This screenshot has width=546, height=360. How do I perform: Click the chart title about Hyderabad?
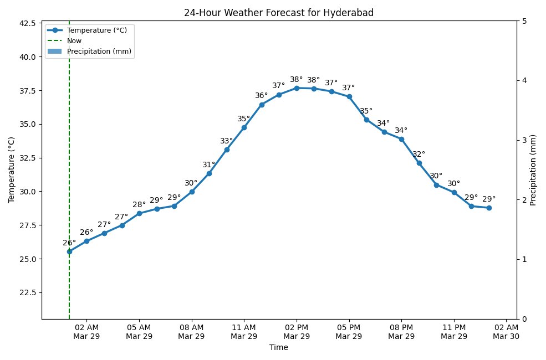pos(279,13)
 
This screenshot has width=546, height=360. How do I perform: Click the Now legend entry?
pos(74,40)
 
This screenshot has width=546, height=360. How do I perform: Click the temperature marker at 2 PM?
pos(297,88)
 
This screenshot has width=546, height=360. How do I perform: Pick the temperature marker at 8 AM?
pos(192,192)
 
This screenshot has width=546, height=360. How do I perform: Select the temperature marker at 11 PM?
pos(454,192)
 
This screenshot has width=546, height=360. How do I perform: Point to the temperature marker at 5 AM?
pos(139,213)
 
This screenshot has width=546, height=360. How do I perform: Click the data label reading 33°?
pos(226,141)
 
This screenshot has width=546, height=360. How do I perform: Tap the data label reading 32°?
pos(419,155)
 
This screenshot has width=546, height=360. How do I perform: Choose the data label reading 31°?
pos(209,165)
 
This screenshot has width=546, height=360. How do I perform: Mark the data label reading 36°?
pos(261,96)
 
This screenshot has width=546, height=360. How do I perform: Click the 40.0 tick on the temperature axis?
pos(27,57)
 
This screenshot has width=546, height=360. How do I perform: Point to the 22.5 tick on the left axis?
pos(27,292)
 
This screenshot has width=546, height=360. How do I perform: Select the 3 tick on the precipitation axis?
pos(524,140)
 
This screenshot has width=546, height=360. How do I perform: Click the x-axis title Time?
pos(279,348)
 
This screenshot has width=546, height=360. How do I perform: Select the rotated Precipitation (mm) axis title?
pos(533,170)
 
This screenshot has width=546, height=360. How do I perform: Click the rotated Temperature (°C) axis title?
pos(12,170)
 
